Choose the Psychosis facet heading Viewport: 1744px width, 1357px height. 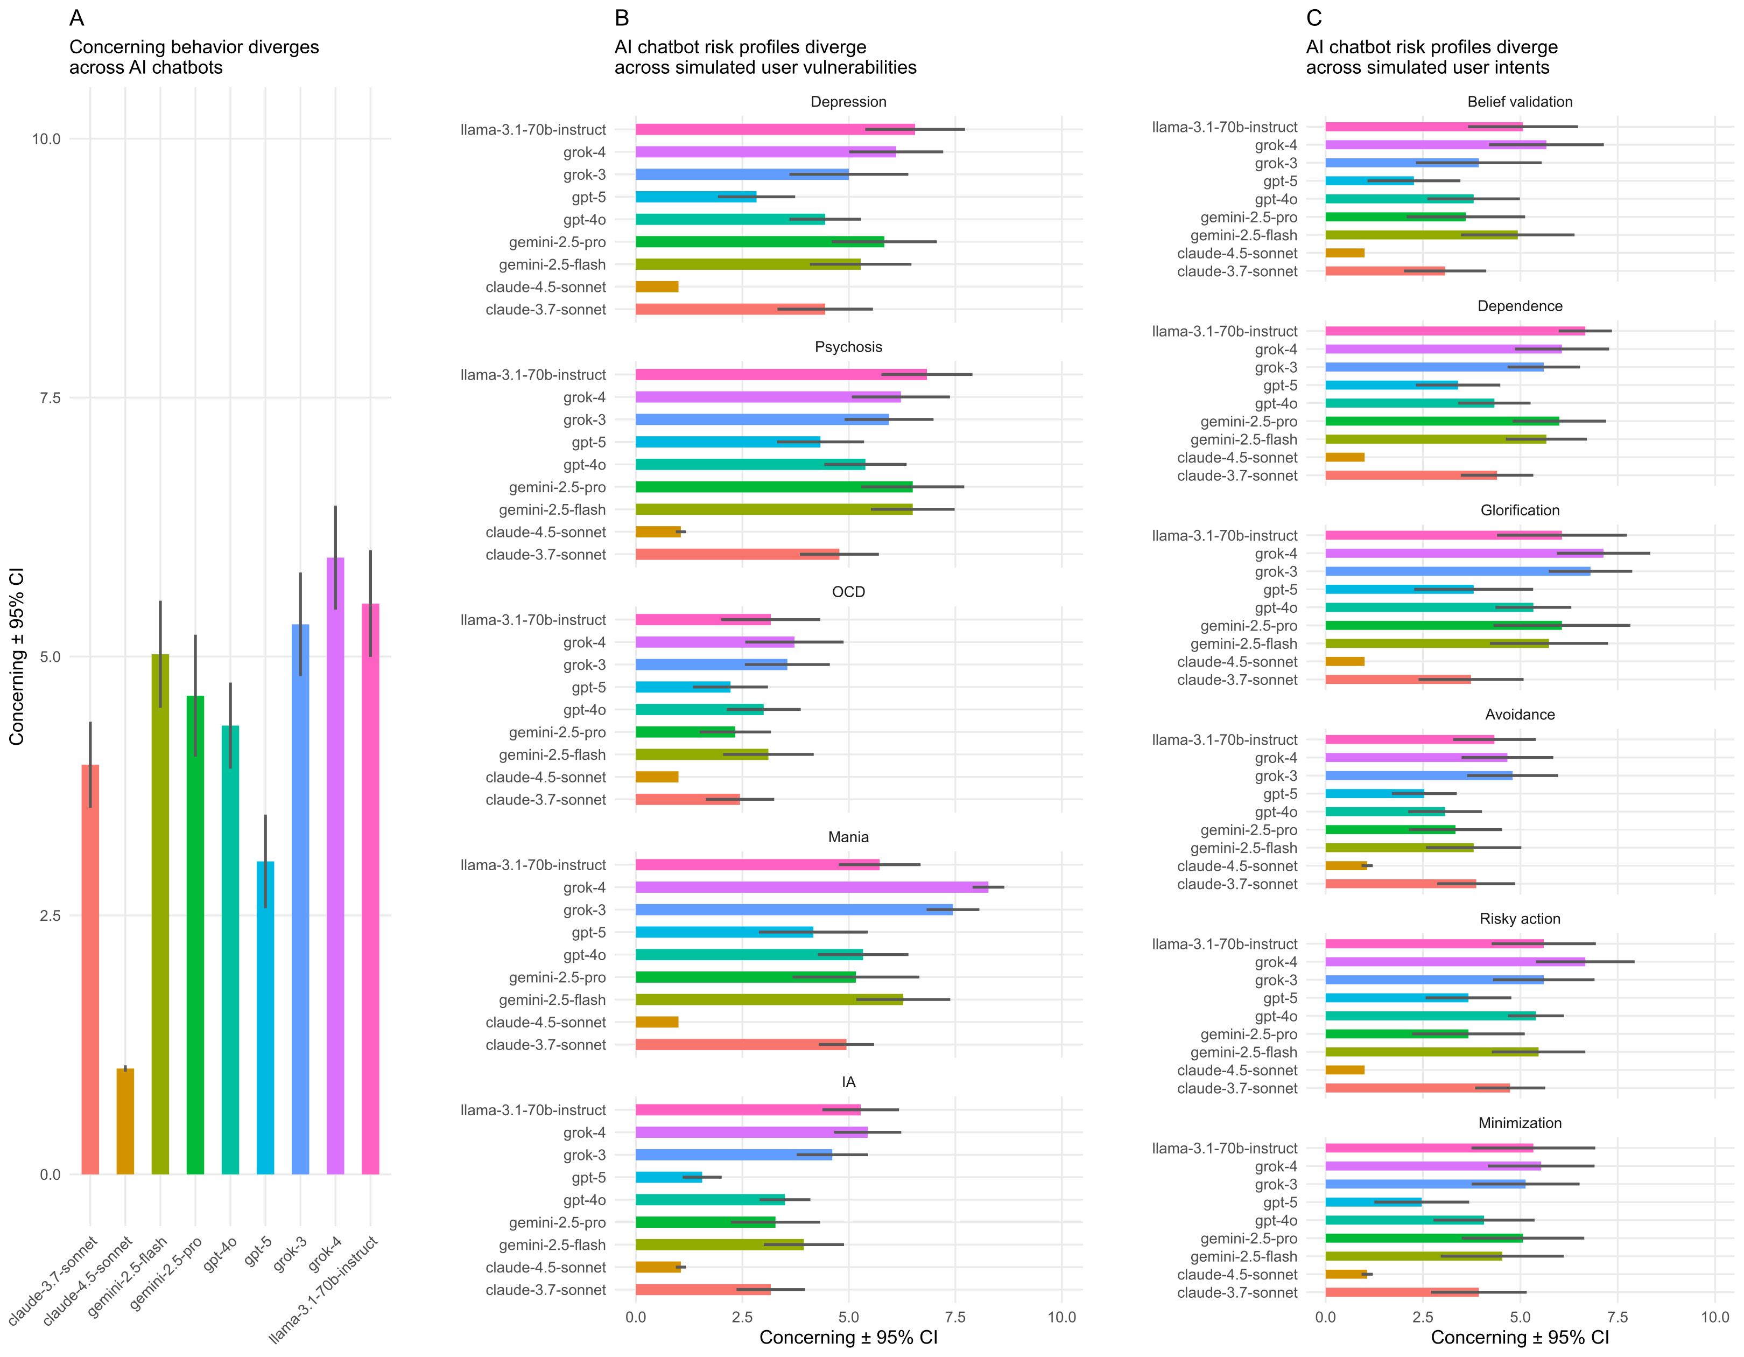(x=848, y=347)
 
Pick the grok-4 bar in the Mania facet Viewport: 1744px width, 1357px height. (x=811, y=887)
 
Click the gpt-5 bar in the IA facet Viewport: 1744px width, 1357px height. (x=669, y=1177)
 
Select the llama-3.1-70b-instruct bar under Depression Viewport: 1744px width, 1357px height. (x=775, y=129)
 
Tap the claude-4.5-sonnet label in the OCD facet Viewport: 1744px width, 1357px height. (x=545, y=777)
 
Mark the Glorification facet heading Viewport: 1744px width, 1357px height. (x=1520, y=510)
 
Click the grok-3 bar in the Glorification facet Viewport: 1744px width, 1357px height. (x=1457, y=571)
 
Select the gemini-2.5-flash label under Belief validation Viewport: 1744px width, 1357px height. (x=1243, y=236)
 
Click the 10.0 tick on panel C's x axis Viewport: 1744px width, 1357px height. (x=1714, y=1317)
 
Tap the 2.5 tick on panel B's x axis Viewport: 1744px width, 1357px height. (x=742, y=1317)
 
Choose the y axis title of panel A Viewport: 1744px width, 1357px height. (x=17, y=656)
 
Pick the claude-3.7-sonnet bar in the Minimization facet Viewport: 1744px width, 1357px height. (x=1402, y=1292)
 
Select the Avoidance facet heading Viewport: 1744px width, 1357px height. (x=1520, y=715)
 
